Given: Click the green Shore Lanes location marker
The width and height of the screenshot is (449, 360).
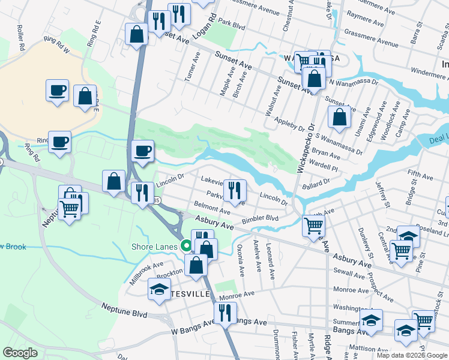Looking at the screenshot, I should (x=187, y=246).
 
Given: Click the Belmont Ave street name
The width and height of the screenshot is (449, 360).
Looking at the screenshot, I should (x=212, y=208).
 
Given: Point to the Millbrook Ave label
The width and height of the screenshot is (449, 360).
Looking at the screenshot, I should (x=146, y=273).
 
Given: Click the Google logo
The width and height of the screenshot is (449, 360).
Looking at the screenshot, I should (x=21, y=353).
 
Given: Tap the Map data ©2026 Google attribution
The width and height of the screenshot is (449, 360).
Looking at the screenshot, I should (x=412, y=355).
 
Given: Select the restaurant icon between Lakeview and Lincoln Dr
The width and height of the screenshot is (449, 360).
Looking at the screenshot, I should (x=235, y=190).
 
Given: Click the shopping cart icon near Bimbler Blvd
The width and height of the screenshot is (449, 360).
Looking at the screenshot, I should (x=313, y=226).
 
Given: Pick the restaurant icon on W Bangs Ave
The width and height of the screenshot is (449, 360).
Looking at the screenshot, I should (x=225, y=312).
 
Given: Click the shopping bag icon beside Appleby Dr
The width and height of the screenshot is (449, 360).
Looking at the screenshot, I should (x=339, y=118).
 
